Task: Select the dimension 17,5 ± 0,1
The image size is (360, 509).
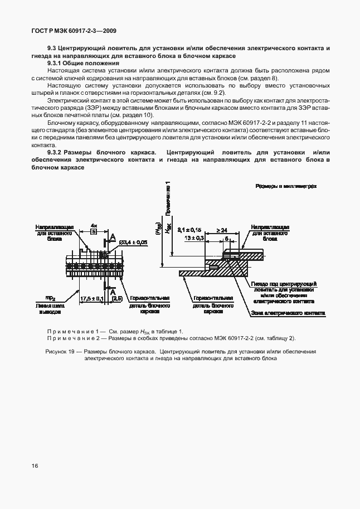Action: (x=93, y=299)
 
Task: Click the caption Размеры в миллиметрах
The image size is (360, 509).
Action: (x=286, y=187)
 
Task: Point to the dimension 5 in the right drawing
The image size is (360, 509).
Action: (x=227, y=237)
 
